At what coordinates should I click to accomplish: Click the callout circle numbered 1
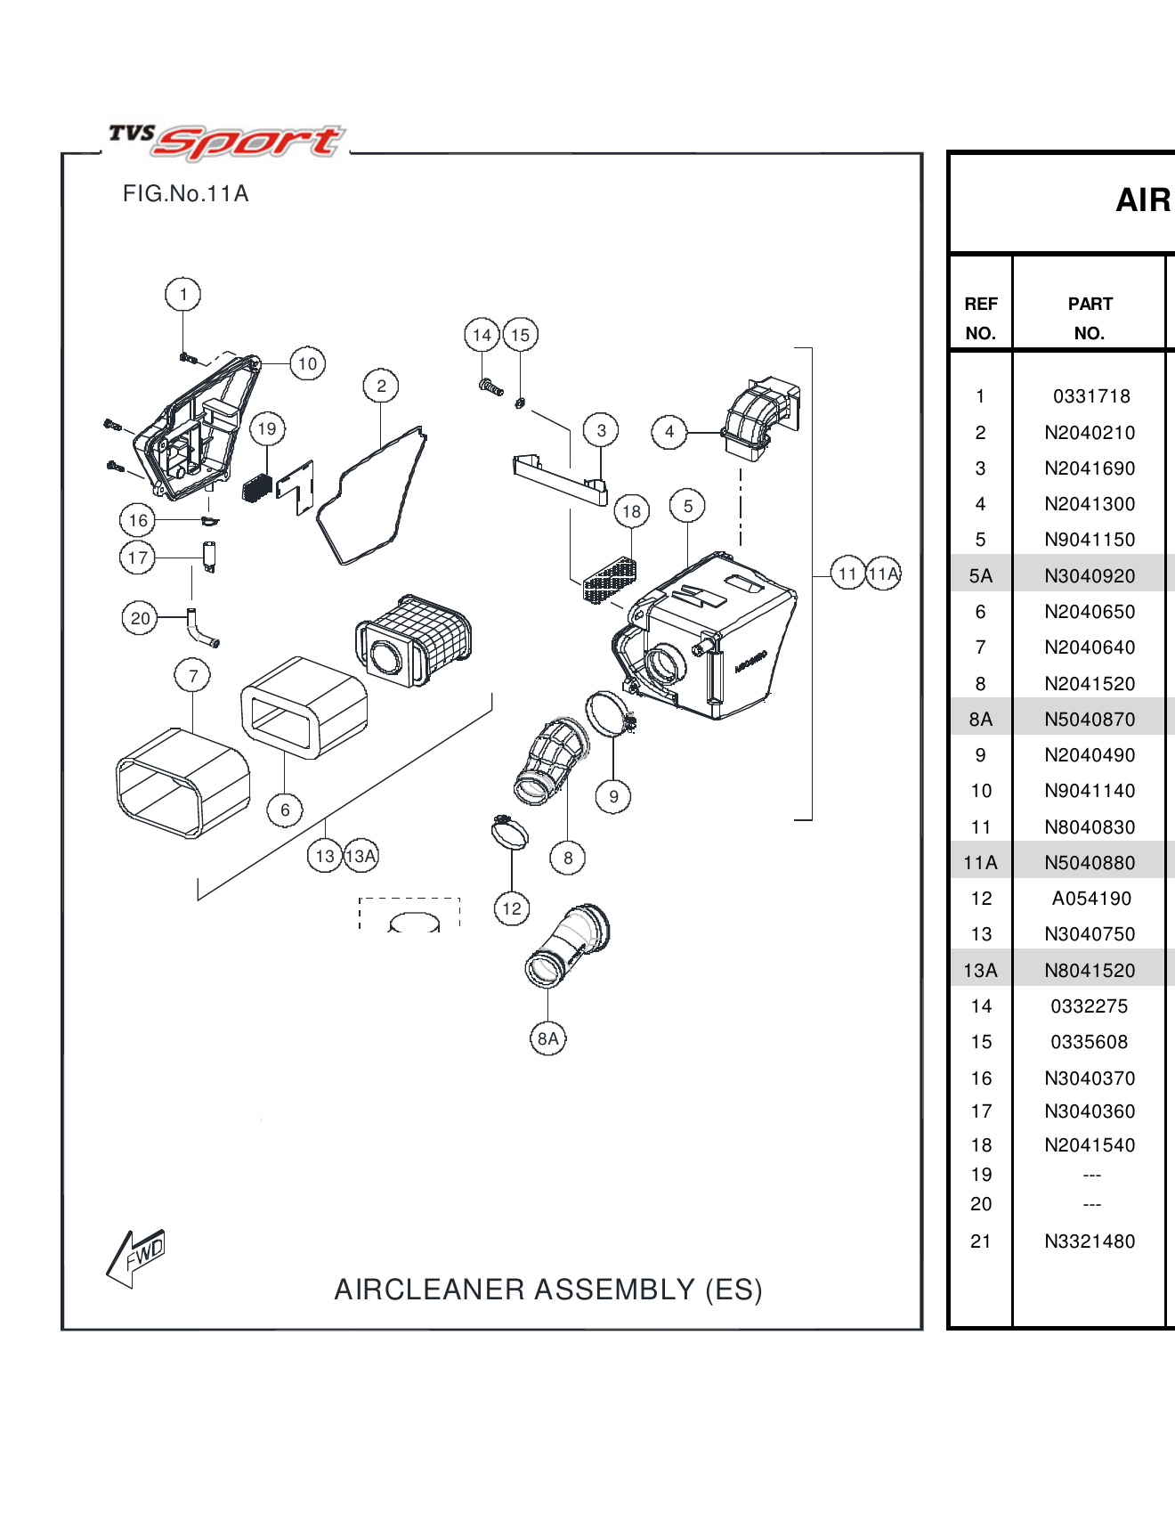point(183,294)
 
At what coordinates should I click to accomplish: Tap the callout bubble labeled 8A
point(547,1038)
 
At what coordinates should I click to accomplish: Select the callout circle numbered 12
point(512,908)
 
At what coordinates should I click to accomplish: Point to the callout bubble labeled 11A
point(884,574)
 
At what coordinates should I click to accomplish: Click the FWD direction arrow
point(136,1257)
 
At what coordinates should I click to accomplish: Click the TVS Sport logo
point(226,141)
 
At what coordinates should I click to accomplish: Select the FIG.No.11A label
point(185,193)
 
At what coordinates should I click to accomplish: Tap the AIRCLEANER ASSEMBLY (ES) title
point(547,1290)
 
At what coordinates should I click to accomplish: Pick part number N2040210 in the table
point(1090,433)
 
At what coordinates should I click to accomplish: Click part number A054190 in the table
point(1090,899)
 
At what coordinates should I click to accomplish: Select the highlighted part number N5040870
point(1090,720)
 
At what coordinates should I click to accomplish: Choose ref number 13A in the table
point(980,971)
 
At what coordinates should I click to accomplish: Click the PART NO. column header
point(1090,318)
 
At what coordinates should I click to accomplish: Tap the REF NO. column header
point(980,318)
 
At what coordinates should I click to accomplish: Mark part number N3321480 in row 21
point(1090,1241)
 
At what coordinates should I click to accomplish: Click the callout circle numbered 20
point(140,618)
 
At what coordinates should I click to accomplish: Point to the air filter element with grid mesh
point(414,639)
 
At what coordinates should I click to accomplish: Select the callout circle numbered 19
point(267,428)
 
